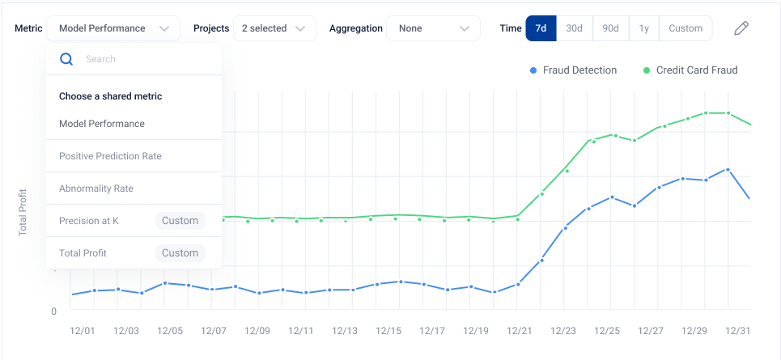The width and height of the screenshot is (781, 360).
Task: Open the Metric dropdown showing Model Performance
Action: click(112, 28)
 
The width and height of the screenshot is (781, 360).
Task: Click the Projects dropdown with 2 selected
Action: click(274, 28)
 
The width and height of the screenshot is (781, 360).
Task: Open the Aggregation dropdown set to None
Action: click(429, 28)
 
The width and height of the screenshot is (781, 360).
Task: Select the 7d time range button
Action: click(541, 28)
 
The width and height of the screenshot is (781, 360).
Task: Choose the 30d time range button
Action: click(574, 28)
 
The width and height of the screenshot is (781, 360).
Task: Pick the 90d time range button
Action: click(610, 28)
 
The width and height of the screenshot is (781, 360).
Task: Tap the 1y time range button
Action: click(643, 28)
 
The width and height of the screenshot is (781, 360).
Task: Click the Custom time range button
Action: click(685, 28)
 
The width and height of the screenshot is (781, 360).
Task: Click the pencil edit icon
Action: click(741, 28)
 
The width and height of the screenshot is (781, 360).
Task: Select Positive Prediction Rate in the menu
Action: click(110, 156)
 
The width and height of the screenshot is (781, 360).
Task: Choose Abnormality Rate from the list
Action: click(96, 188)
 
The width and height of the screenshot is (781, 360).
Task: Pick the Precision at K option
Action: click(89, 221)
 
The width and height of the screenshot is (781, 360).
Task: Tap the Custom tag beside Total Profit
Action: click(180, 253)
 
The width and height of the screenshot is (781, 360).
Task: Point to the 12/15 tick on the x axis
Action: click(388, 331)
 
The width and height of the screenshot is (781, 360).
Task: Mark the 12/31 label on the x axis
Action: click(737, 331)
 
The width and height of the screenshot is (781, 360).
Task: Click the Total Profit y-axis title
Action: click(23, 212)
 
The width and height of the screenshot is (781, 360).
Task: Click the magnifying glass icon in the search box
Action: click(66, 59)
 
